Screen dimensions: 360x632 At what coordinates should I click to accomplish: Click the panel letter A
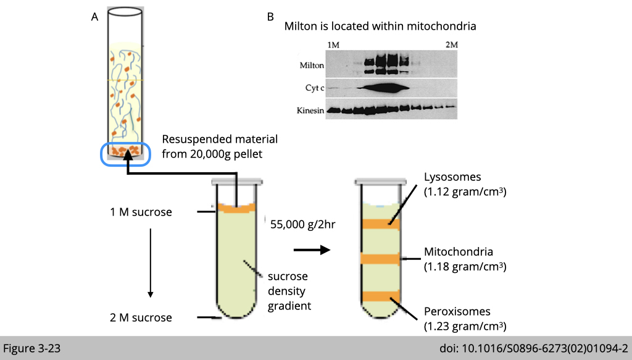coord(94,17)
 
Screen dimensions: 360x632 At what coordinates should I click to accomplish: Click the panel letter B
coord(270,17)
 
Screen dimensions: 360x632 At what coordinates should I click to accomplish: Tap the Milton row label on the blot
coord(312,65)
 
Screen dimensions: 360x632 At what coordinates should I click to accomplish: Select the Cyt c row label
coord(313,88)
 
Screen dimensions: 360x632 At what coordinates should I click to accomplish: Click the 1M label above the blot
coord(333,44)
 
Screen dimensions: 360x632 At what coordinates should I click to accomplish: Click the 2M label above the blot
coord(451,44)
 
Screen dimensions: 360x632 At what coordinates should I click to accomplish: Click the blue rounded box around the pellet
coord(125,154)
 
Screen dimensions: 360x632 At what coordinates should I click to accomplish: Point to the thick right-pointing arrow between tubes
coord(312,250)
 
